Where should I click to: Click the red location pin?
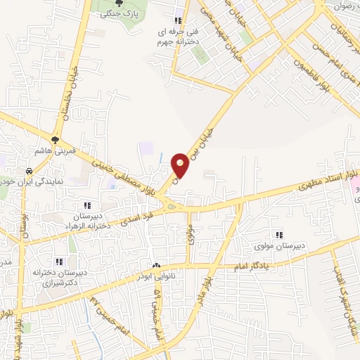point(180,165)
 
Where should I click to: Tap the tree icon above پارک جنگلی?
point(118,4)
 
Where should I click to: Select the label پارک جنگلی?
point(117,14)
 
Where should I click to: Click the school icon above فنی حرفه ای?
point(178,20)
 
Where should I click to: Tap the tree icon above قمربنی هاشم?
point(54,140)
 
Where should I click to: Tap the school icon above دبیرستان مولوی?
point(279,235)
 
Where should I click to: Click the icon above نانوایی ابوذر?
point(156,266)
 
